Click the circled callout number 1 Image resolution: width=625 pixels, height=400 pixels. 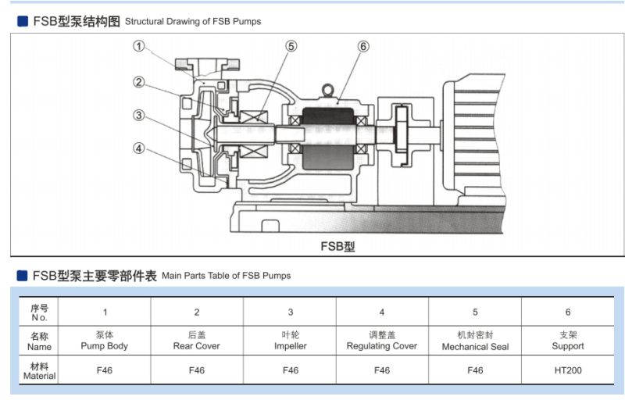(139, 46)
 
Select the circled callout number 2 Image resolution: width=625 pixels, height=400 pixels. (138, 82)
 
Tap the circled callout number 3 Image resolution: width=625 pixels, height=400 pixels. (138, 115)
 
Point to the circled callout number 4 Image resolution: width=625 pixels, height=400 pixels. (138, 147)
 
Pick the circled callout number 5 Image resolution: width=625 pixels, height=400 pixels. (291, 46)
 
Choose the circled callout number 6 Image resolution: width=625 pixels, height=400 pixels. (363, 46)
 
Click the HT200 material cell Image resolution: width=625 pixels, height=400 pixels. (568, 370)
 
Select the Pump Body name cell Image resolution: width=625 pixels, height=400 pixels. (104, 341)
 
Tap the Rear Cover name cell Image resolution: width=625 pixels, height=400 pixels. (197, 341)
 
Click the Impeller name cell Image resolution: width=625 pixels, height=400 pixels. (291, 341)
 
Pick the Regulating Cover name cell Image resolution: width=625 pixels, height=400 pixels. (382, 341)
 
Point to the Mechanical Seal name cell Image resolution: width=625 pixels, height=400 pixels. (475, 341)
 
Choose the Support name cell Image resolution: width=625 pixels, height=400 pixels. (568, 341)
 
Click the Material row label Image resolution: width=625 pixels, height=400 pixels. (40, 370)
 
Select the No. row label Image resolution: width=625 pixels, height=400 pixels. (40, 312)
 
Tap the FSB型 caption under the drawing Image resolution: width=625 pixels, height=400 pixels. (337, 246)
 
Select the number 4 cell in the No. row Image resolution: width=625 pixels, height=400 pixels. (382, 312)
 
